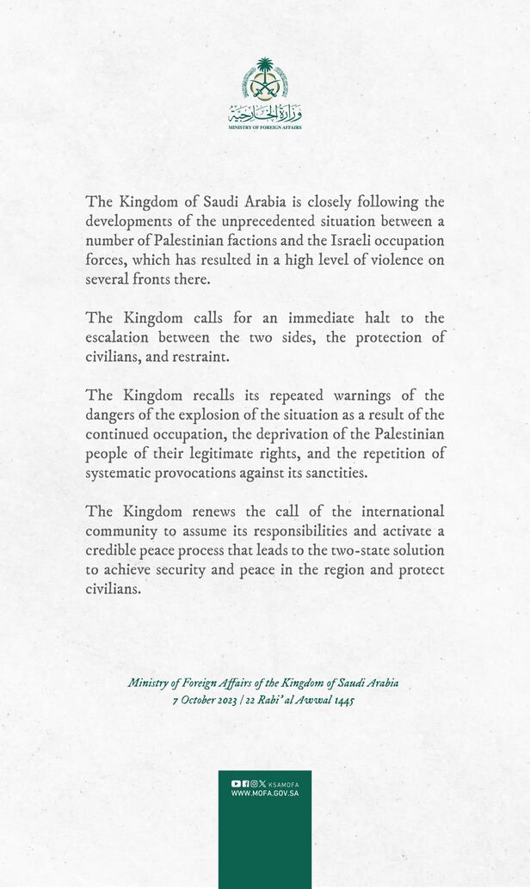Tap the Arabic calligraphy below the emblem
pyautogui.click(x=265, y=113)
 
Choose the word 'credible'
pyautogui.click(x=113, y=550)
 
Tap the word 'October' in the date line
pyautogui.click(x=205, y=700)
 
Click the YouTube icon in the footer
pyautogui.click(x=236, y=783)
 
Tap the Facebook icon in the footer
pyautogui.click(x=245, y=783)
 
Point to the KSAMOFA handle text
pyautogui.click(x=283, y=784)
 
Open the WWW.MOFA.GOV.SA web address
pyautogui.click(x=265, y=794)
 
